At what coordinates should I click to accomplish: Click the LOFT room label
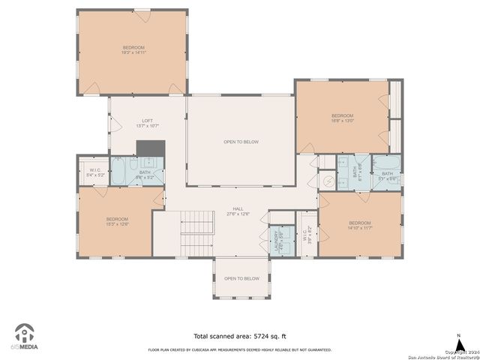148,121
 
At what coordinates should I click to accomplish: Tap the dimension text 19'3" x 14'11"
133,52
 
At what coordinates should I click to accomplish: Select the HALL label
238,209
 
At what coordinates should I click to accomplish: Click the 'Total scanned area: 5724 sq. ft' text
239,336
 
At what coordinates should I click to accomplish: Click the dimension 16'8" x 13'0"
343,120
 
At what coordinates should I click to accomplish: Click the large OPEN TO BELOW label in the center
241,142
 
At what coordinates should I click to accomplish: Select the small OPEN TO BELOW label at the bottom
241,278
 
